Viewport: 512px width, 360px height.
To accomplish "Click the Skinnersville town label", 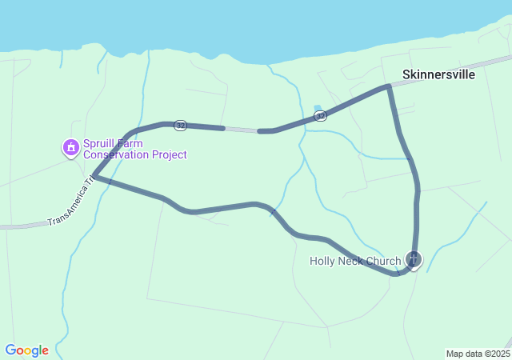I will [438, 74].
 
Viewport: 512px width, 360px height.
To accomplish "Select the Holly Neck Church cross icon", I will [413, 259].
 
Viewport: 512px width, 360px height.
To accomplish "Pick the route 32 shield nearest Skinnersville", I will [320, 116].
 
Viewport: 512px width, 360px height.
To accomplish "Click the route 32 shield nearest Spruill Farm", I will [181, 125].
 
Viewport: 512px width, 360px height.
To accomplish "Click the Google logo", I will [26, 350].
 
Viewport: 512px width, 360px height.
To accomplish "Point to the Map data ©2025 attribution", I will [477, 354].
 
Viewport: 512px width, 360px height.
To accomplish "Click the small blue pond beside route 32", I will [318, 108].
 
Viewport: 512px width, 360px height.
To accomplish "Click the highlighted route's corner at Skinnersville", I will [389, 86].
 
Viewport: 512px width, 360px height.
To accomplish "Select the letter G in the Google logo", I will [10, 350].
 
